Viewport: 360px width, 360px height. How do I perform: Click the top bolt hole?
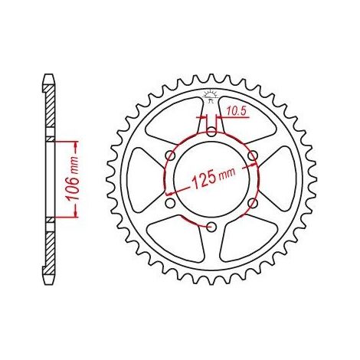pyautogui.click(x=211, y=132)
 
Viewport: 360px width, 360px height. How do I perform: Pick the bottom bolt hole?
pyautogui.click(x=211, y=227)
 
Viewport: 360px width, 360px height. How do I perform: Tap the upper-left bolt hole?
pyautogui.click(x=170, y=155)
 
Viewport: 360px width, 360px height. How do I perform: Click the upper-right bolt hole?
pyautogui.click(x=252, y=155)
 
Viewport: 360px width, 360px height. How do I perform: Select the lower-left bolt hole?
pyautogui.click(x=170, y=203)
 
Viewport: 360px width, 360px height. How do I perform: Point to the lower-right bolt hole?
pyautogui.click(x=252, y=203)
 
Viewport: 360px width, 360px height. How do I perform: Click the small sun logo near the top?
pyautogui.click(x=211, y=96)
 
